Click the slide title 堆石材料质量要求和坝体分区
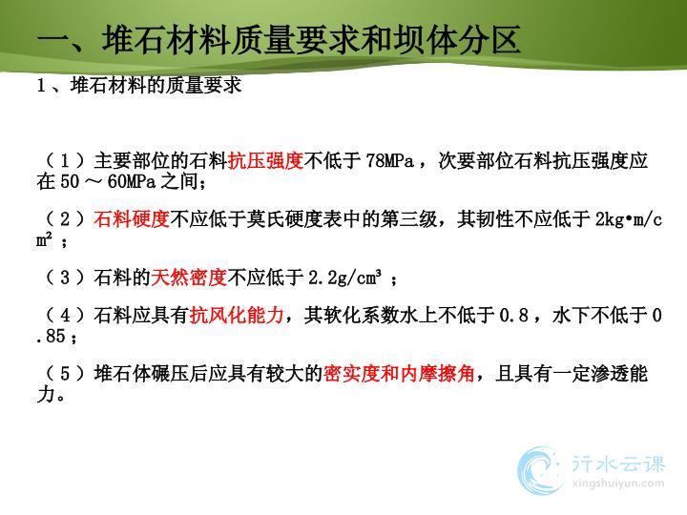[311, 40]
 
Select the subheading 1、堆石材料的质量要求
[139, 85]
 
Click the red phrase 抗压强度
[266, 161]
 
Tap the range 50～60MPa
[108, 181]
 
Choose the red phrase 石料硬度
[132, 218]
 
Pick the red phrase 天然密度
[189, 277]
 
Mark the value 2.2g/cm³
[344, 278]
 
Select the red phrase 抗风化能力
[237, 315]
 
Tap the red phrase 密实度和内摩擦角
[399, 374]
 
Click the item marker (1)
[65, 161]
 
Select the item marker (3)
[65, 277]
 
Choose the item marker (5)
[65, 374]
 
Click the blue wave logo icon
[540, 471]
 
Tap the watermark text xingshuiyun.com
[617, 484]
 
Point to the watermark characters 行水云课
[617, 463]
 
